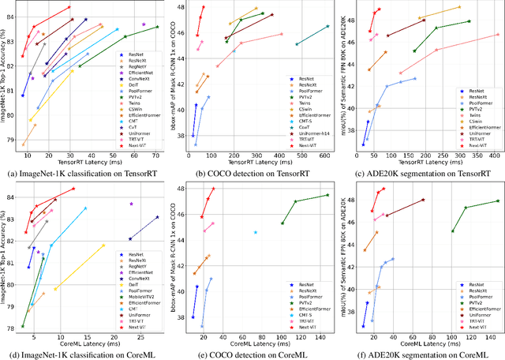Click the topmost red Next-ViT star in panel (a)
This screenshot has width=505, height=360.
pos(70,7)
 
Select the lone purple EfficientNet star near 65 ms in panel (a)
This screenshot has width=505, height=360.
pos(143,24)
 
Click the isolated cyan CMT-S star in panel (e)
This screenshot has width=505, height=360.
pos(256,232)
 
